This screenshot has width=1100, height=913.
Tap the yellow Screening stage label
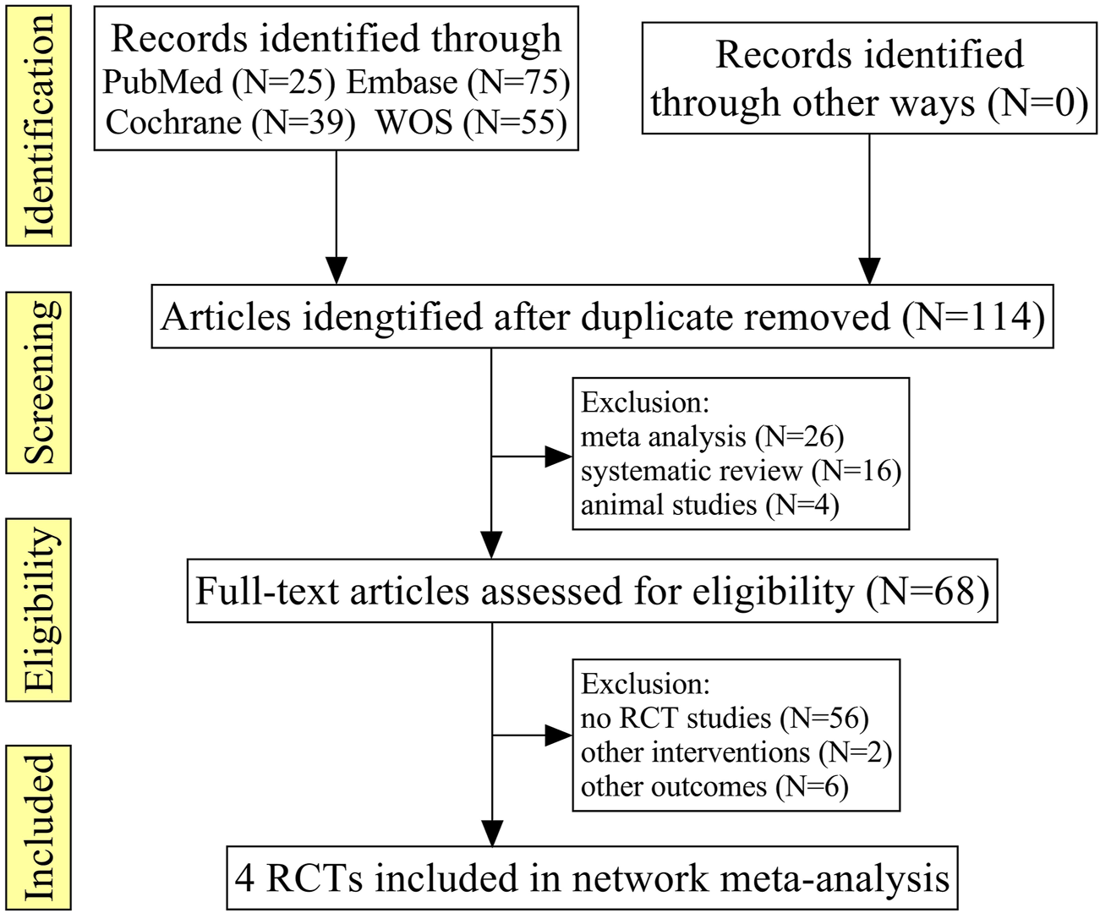(39, 382)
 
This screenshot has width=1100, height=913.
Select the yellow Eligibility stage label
(39, 610)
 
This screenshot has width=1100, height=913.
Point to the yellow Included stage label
(39, 827)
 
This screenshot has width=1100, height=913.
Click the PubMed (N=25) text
(219, 82)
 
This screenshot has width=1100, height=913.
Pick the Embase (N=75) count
(458, 82)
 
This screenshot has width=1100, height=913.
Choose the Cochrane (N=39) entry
(230, 123)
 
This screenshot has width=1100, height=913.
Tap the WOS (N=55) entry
(471, 123)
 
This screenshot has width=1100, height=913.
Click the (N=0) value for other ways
(1037, 102)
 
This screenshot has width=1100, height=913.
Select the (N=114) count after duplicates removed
(973, 317)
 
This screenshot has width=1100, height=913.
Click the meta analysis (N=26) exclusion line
(712, 436)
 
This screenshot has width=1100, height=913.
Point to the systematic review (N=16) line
(741, 471)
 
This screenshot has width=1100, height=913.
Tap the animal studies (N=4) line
(709, 505)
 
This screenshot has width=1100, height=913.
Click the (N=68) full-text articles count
(928, 591)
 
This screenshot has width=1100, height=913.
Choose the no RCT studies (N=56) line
(725, 718)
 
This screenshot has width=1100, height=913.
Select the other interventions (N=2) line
(736, 752)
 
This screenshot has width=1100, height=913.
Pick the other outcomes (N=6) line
(714, 786)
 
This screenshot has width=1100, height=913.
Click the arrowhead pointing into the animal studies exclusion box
(559, 456)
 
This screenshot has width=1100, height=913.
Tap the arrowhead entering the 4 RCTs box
(491, 833)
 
